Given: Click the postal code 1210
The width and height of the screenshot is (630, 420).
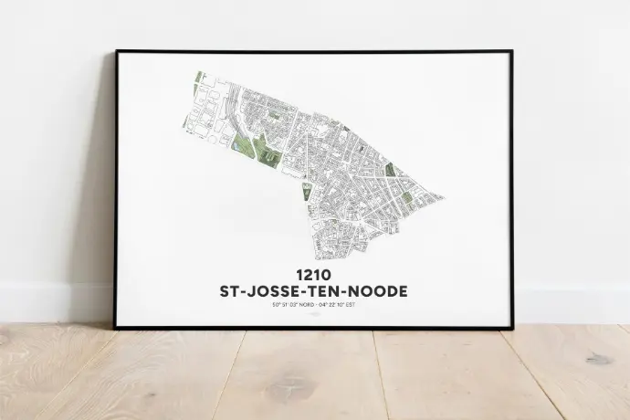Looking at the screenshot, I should pos(314,274).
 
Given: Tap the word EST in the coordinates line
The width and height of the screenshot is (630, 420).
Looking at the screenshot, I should pos(351,305).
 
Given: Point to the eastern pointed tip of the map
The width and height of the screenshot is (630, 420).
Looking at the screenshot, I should pos(442,196).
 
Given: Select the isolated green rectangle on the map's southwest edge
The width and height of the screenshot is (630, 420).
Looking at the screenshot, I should pos(307,191).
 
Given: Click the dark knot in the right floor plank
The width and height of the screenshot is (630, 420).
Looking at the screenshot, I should pos(598,359).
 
